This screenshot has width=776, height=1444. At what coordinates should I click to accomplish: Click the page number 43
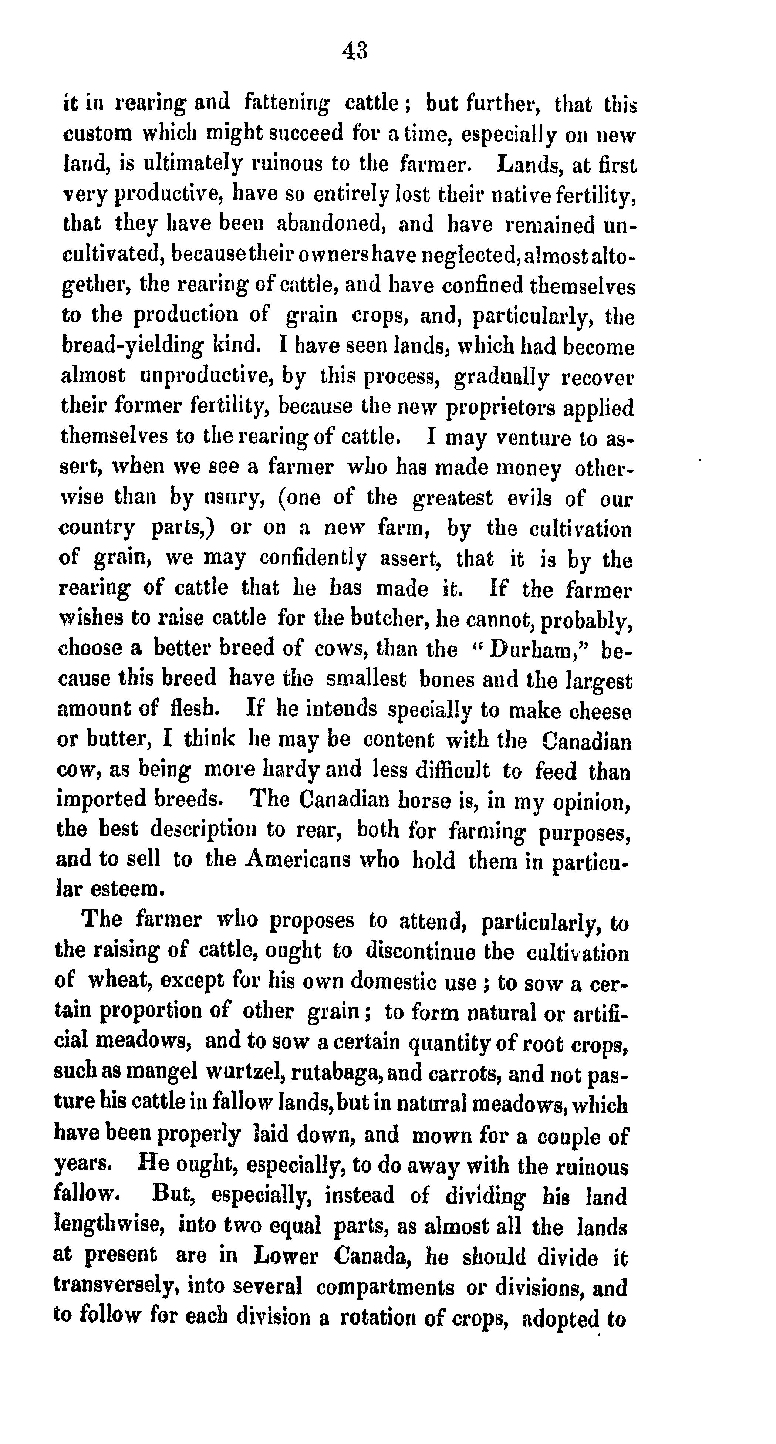(354, 51)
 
